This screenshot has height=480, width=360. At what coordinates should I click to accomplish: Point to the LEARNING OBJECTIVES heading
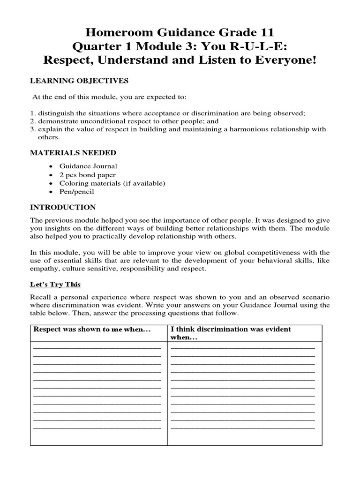pyautogui.click(x=79, y=81)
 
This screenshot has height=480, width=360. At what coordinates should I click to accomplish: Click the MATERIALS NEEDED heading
pyautogui.click(x=73, y=153)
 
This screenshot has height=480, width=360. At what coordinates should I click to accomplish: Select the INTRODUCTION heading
pyautogui.click(x=63, y=207)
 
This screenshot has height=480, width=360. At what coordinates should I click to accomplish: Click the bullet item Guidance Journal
pyautogui.click(x=88, y=166)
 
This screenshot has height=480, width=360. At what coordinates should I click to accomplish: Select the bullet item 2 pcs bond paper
pyautogui.click(x=88, y=175)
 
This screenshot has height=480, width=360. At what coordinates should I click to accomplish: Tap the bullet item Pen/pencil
pyautogui.click(x=76, y=192)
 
